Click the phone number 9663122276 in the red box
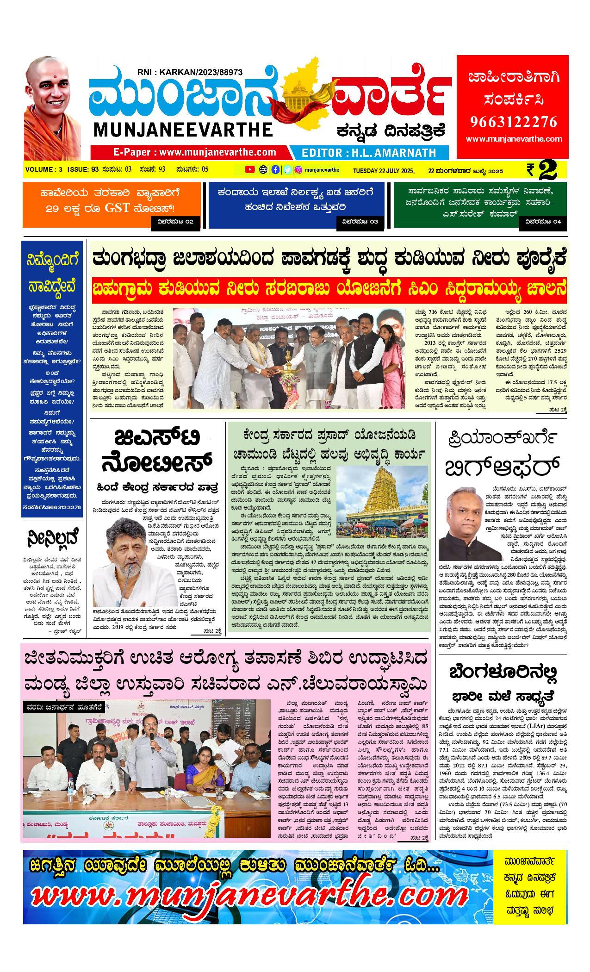point(514,122)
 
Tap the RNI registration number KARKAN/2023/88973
point(190,72)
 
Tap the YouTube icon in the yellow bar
point(250,170)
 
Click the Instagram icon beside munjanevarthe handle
point(299,170)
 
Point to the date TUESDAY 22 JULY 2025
point(384,170)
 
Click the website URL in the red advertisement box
point(514,139)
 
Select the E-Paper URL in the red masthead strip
point(195,152)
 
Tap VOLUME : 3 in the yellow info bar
point(44,170)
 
